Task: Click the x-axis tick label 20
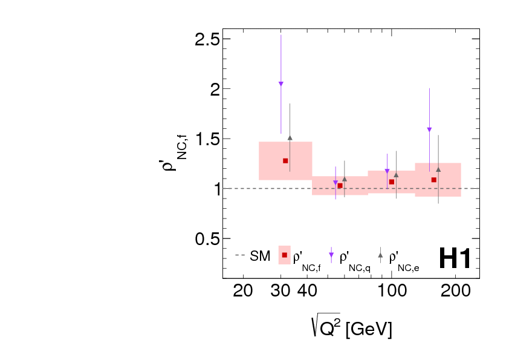pyautogui.click(x=243, y=290)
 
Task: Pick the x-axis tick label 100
pyautogui.click(x=391, y=290)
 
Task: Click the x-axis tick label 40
pyautogui.click(x=307, y=290)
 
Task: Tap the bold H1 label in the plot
pyautogui.click(x=454, y=258)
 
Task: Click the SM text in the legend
pyautogui.click(x=260, y=257)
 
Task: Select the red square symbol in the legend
pyautogui.click(x=284, y=255)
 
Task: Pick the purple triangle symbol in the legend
pyautogui.click(x=331, y=255)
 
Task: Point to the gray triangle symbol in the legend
pyautogui.click(x=380, y=255)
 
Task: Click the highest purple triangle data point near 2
pyautogui.click(x=281, y=84)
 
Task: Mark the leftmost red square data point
pyautogui.click(x=285, y=160)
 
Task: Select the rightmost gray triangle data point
pyautogui.click(x=438, y=169)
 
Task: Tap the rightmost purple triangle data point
pyautogui.click(x=429, y=129)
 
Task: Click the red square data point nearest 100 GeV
pyautogui.click(x=391, y=182)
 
